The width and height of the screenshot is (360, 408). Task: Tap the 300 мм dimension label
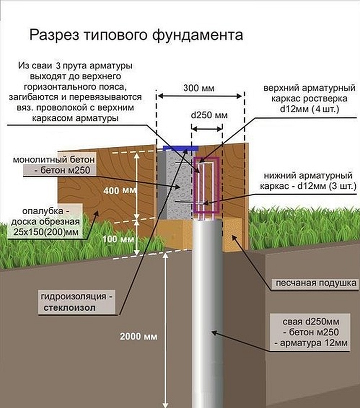tap(199, 88)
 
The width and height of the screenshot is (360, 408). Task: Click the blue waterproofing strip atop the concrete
tap(180, 148)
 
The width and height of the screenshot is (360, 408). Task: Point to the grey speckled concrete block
tap(177, 185)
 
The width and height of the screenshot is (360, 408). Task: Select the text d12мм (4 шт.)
tap(309, 108)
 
